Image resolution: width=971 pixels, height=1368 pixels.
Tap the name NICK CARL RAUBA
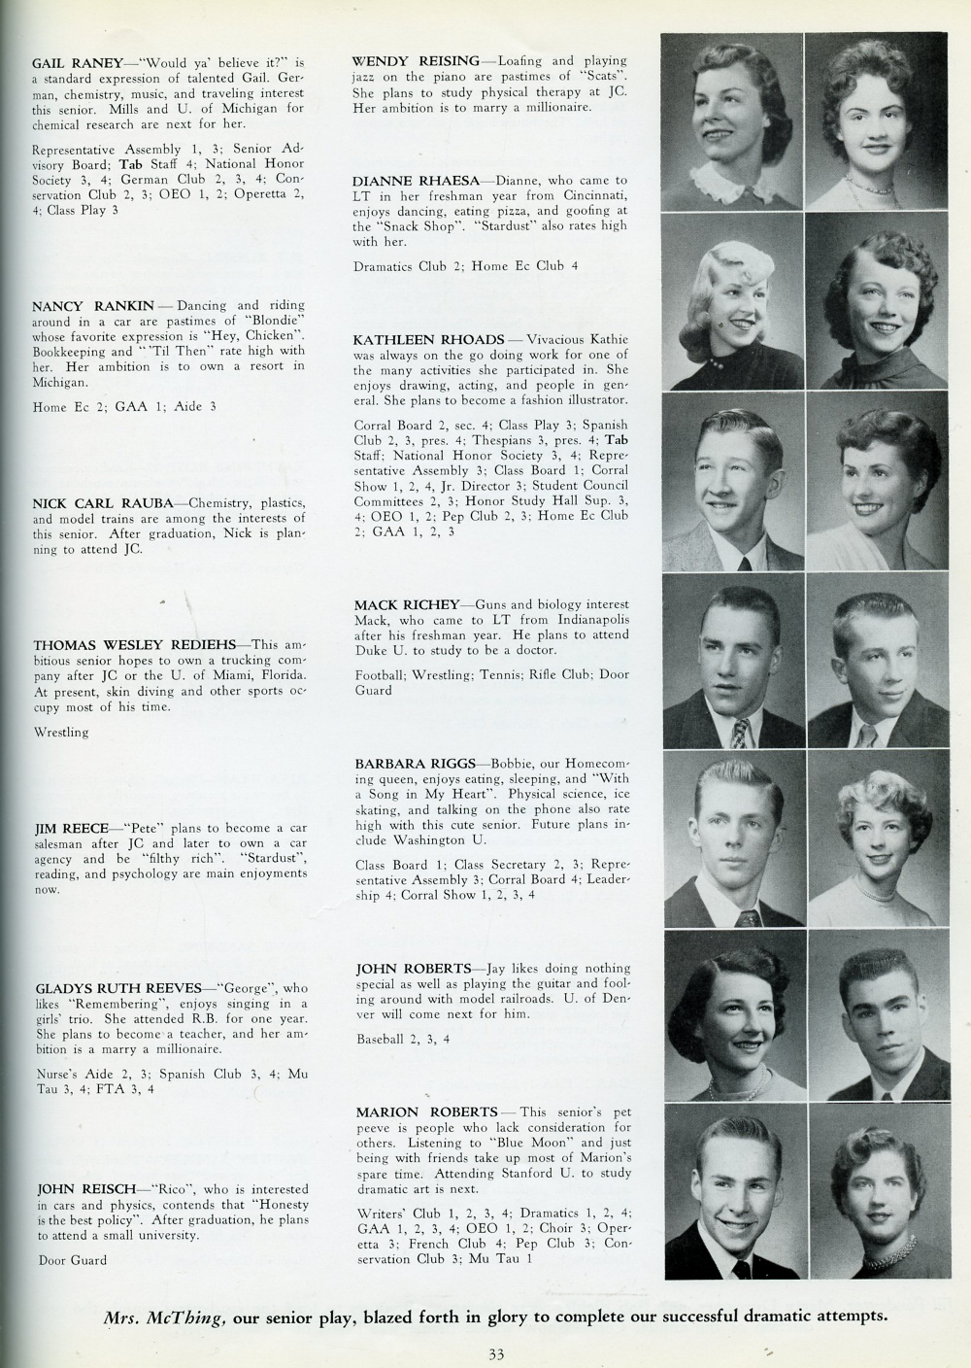pyautogui.click(x=102, y=503)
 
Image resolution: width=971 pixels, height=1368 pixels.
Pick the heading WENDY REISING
pyautogui.click(x=415, y=61)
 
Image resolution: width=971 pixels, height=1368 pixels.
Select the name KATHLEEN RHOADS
pyautogui.click(x=428, y=339)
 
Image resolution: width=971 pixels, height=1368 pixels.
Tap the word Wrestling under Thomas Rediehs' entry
pyautogui.click(x=60, y=732)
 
